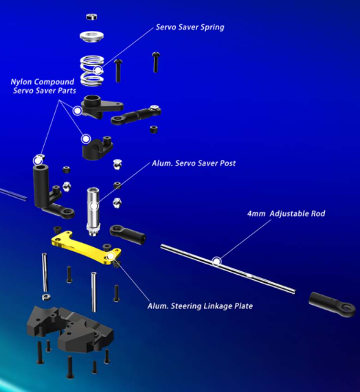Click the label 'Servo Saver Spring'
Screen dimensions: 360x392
click(190, 27)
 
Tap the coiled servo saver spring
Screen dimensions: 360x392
click(92, 71)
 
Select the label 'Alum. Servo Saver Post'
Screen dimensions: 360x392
click(194, 163)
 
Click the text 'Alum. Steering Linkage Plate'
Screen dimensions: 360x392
click(200, 306)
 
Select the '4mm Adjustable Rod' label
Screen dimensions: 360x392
click(286, 214)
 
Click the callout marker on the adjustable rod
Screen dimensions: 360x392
click(216, 262)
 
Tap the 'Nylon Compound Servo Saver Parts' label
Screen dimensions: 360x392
click(43, 86)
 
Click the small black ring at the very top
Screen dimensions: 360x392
click(91, 16)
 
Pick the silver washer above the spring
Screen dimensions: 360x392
click(92, 36)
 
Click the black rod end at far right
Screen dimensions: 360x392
click(332, 305)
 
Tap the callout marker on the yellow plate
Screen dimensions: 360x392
click(111, 256)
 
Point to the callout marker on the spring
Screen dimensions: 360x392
click(98, 70)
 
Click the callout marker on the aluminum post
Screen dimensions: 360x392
click(94, 206)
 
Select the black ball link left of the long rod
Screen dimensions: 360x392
click(128, 233)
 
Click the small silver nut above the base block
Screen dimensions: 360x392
click(46, 297)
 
